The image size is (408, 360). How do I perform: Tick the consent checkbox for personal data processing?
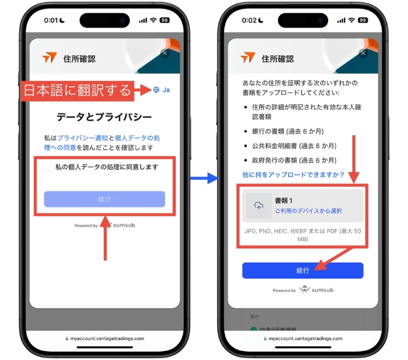[48, 167]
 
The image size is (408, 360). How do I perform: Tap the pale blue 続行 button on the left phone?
[104, 199]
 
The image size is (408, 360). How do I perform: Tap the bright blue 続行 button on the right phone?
[302, 271]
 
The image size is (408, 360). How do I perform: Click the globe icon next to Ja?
[156, 90]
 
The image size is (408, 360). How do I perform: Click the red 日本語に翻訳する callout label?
[77, 91]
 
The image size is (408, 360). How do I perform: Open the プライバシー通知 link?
[82, 138]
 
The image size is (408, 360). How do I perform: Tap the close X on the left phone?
[165, 53]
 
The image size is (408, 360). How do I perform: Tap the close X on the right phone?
[363, 53]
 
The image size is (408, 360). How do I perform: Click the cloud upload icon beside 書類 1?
[259, 206]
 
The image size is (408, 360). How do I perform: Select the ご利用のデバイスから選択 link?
[308, 211]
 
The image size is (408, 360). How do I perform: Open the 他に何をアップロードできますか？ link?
[293, 175]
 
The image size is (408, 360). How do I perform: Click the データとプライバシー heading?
[104, 117]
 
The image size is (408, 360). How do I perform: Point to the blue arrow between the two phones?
[205, 178]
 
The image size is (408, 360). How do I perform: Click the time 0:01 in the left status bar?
[51, 20]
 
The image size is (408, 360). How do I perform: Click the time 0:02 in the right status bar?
[249, 20]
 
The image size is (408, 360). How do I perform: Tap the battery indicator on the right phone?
[363, 20]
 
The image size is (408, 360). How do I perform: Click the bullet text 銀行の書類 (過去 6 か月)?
[288, 131]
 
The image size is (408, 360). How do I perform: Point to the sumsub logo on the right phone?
[316, 290]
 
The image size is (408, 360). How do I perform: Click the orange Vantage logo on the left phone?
[49, 57]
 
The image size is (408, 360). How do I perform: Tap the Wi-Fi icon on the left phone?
[154, 20]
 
